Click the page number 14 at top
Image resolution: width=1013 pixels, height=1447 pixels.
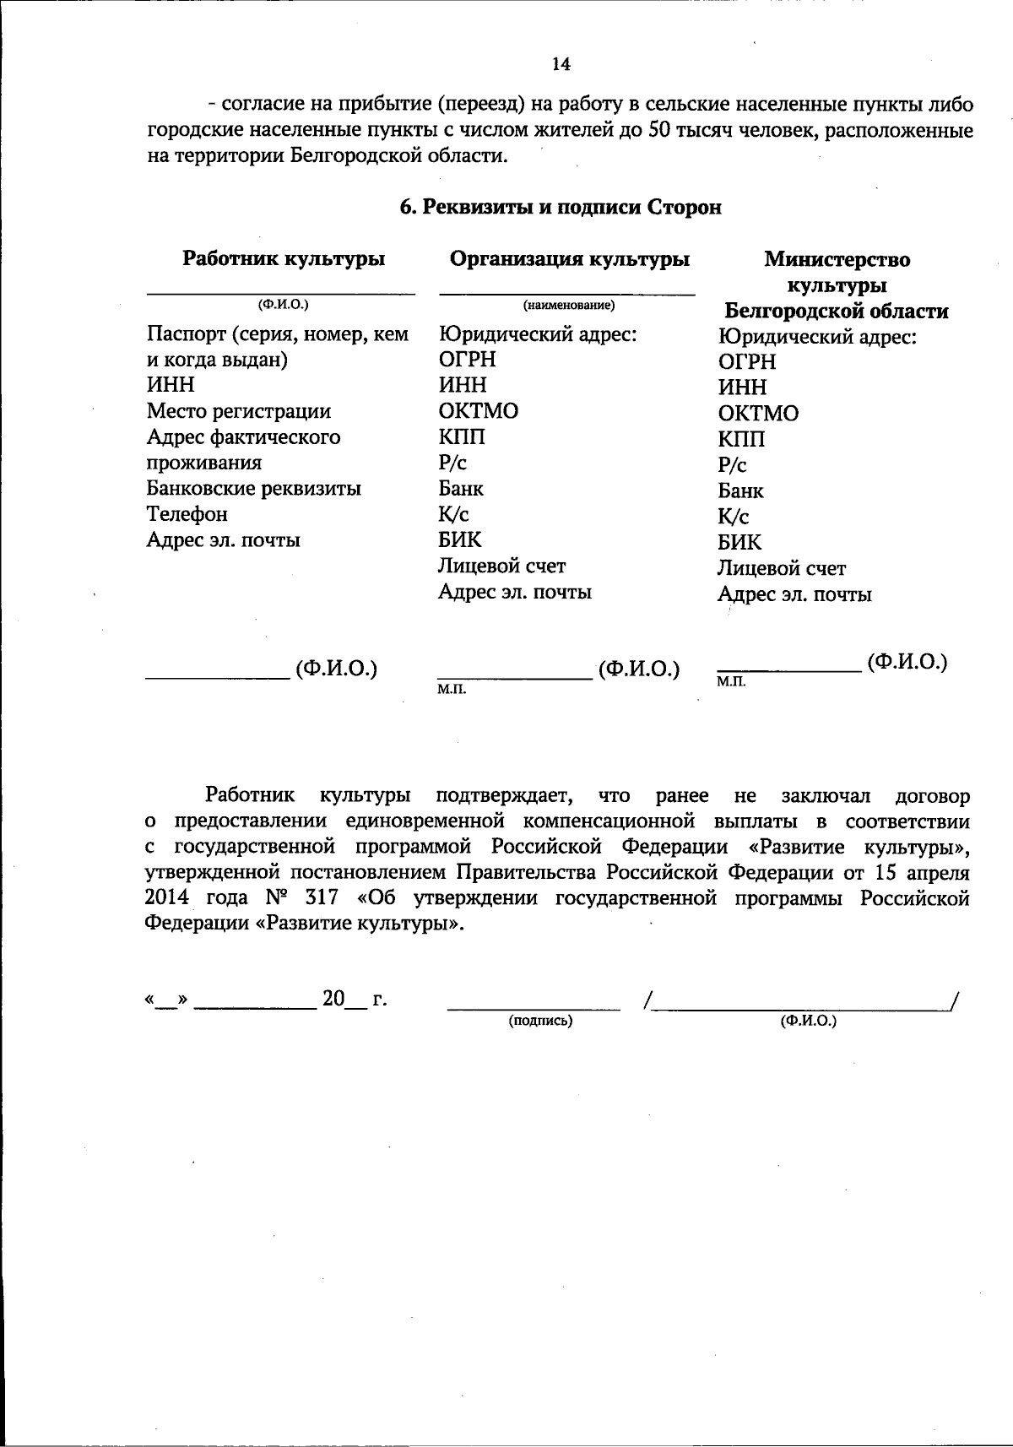(x=561, y=64)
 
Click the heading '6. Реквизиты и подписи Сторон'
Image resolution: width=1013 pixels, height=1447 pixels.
(x=561, y=208)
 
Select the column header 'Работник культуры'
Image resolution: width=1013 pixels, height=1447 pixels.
(x=284, y=259)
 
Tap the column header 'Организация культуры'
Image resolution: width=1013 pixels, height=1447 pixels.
(x=570, y=259)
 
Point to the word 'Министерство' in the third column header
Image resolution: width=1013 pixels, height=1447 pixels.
(x=837, y=260)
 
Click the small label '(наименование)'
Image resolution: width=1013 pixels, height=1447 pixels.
(x=569, y=305)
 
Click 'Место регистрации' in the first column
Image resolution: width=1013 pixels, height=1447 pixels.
(x=239, y=411)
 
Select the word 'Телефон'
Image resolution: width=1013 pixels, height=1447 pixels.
(x=187, y=514)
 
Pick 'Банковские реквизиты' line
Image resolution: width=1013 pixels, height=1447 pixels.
(x=254, y=489)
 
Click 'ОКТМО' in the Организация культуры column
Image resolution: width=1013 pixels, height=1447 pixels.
(x=479, y=411)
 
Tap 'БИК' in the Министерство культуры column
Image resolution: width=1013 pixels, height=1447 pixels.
(x=739, y=542)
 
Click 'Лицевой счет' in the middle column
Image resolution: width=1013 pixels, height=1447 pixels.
(x=502, y=566)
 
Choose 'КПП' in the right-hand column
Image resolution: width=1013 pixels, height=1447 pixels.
(x=741, y=439)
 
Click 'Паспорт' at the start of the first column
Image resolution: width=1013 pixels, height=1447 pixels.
(x=187, y=334)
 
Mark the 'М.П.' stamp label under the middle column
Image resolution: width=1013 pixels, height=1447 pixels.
(x=452, y=691)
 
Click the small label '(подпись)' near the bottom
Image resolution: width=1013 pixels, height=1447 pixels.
(x=540, y=1021)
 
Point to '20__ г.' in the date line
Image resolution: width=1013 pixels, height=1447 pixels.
(x=354, y=1000)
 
